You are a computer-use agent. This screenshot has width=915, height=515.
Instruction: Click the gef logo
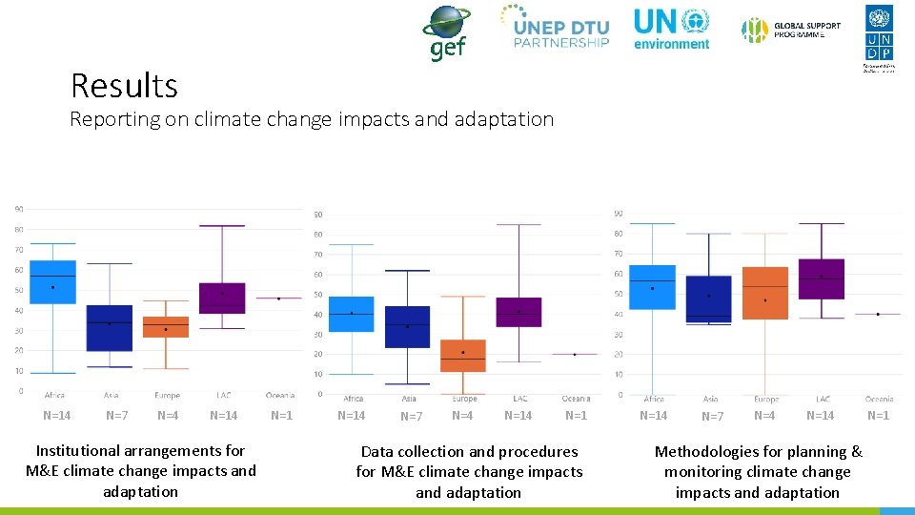coord(446,31)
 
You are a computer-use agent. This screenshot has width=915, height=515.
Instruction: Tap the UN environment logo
coord(671,29)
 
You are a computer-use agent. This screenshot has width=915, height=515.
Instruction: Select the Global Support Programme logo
coord(792,31)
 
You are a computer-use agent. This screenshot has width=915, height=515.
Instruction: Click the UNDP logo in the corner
coord(879,36)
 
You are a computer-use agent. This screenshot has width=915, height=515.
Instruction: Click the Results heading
coord(124,86)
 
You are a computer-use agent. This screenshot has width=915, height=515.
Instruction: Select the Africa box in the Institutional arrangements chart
coord(53,282)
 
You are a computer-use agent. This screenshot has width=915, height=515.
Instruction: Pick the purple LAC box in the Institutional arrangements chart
coord(222,298)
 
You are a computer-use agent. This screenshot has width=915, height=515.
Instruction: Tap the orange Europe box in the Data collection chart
coord(463,355)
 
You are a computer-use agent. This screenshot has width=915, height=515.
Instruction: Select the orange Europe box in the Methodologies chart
coord(765,293)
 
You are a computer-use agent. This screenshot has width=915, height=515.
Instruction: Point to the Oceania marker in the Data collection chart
coord(575,354)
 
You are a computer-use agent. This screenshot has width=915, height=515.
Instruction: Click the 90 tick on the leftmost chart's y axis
coord(19,209)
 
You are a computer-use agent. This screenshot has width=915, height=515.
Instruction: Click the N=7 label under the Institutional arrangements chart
coord(117,416)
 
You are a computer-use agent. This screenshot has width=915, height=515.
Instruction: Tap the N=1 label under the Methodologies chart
coord(878,416)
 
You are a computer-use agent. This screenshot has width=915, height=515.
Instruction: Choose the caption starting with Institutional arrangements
coord(141,471)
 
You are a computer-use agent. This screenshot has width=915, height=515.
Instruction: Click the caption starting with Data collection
coord(469,472)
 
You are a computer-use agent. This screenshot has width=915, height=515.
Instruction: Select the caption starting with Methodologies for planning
coord(758,472)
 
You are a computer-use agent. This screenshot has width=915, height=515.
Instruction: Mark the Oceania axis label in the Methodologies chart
coord(879,399)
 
